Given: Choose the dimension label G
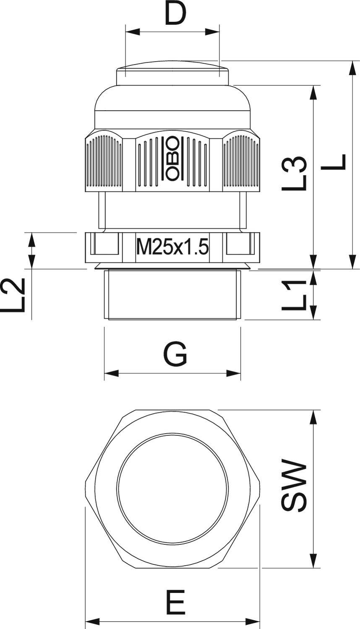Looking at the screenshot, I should [x=175, y=355].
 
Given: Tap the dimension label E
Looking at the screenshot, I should [x=174, y=602].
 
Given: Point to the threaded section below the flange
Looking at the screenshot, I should [x=172, y=295].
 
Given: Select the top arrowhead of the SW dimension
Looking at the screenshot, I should [x=313, y=417].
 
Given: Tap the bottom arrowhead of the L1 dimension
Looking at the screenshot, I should [x=313, y=313].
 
